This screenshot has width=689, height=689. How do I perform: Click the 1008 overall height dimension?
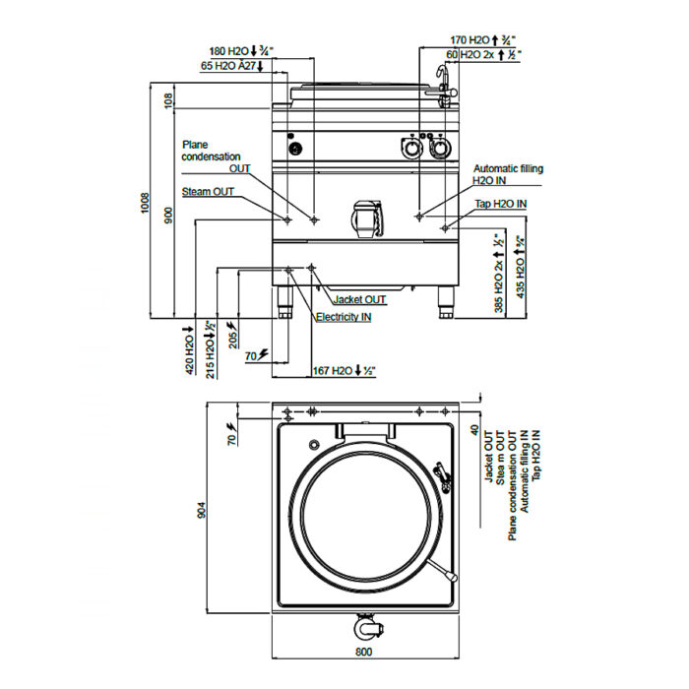(x=146, y=203)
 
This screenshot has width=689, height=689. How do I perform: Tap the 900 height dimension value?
(x=169, y=216)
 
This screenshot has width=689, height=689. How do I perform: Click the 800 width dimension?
(x=363, y=652)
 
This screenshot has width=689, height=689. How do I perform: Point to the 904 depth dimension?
(x=201, y=510)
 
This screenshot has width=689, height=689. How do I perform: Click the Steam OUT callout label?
(x=208, y=192)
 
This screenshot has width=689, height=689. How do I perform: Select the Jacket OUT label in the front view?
(x=360, y=299)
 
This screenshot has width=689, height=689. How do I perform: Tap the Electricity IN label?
(x=344, y=317)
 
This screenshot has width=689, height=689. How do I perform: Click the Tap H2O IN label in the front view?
(x=500, y=204)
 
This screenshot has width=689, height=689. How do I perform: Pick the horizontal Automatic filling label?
(x=509, y=168)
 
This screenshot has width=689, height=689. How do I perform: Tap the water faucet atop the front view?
(x=446, y=87)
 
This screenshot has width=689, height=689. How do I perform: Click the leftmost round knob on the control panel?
(x=295, y=148)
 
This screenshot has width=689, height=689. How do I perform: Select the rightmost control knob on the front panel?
(x=440, y=148)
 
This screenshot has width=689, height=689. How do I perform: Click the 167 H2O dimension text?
(x=344, y=371)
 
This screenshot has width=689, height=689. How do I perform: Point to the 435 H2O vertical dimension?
(x=521, y=268)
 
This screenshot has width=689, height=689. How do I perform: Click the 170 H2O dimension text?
(x=482, y=40)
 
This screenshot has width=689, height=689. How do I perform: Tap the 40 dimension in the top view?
(x=474, y=430)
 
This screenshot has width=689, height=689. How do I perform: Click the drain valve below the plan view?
(x=368, y=628)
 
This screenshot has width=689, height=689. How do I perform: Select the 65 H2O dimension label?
(x=231, y=66)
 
